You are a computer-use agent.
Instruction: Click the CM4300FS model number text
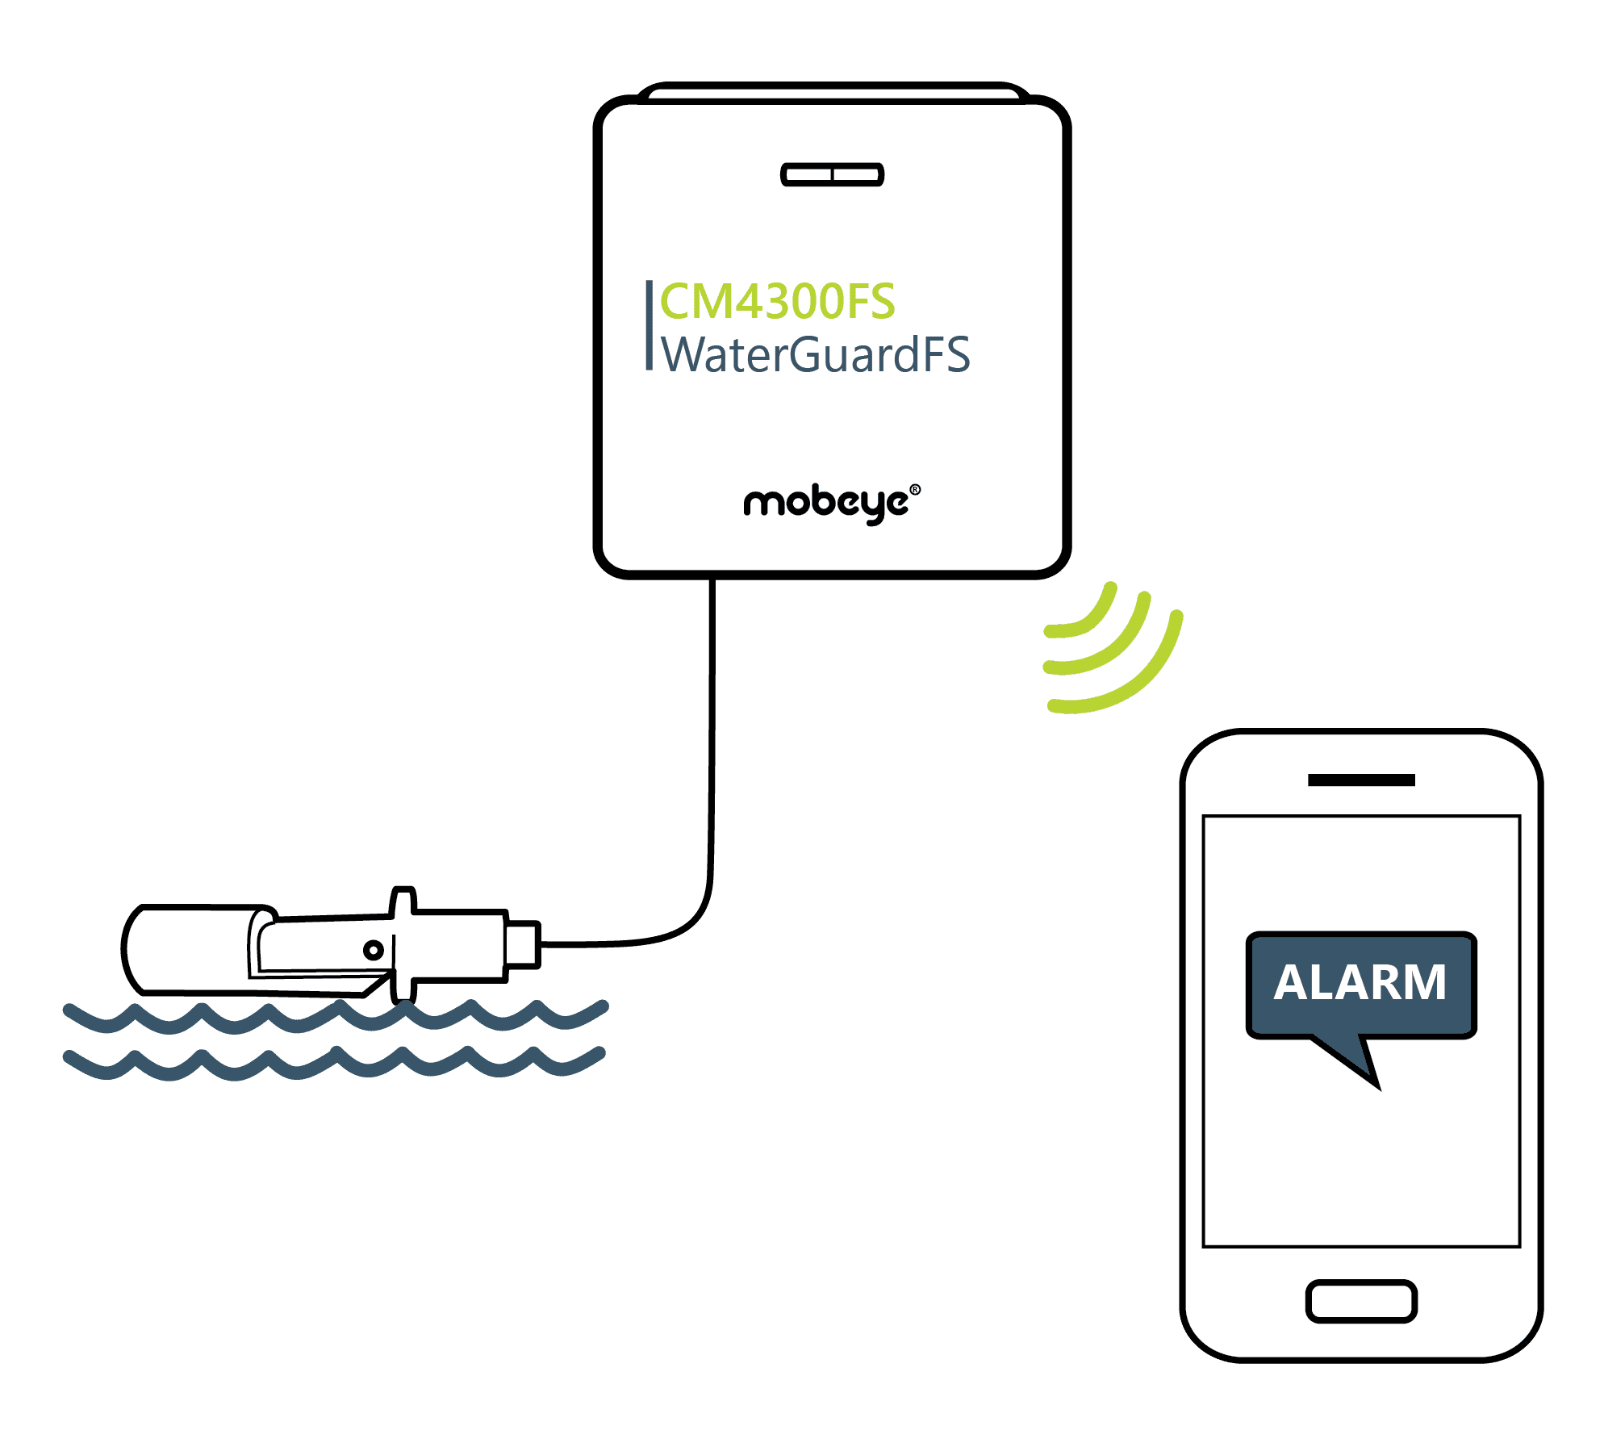coord(777,302)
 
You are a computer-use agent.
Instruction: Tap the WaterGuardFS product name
coord(815,355)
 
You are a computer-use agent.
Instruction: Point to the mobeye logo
coord(826,504)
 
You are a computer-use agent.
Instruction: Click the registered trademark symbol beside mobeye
coord(915,489)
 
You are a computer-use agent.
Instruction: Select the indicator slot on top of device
coord(832,174)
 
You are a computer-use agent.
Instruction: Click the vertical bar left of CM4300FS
coord(649,325)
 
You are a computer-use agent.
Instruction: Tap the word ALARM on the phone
coord(1360,983)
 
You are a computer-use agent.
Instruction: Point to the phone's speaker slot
coord(1361,780)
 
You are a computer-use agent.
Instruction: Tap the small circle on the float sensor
coord(373,950)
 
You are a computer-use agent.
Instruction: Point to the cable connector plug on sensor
coord(523,943)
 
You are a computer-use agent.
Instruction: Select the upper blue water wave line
coord(335,1018)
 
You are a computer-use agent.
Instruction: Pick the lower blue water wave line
coord(335,1064)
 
